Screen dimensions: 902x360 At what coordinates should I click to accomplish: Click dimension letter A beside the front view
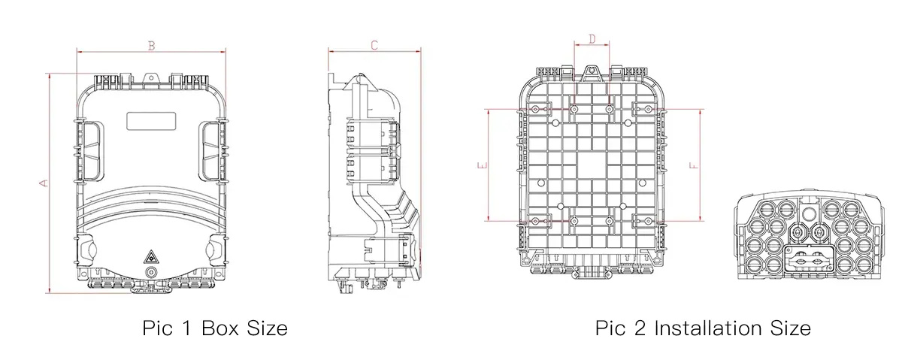[44, 183]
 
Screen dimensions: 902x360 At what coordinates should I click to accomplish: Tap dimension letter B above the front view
[151, 46]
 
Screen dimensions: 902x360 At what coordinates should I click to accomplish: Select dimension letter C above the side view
[374, 46]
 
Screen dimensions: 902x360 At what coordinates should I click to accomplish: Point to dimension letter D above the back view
[592, 39]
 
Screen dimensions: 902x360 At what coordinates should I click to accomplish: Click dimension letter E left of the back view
[483, 165]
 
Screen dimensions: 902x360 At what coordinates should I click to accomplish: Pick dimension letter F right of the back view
[694, 165]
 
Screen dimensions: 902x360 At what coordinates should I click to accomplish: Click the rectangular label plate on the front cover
[151, 121]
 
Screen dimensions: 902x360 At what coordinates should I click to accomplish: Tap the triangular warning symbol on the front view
[150, 256]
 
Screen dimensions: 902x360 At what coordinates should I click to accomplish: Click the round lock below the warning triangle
[150, 272]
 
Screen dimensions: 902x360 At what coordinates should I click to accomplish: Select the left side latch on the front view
[89, 151]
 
